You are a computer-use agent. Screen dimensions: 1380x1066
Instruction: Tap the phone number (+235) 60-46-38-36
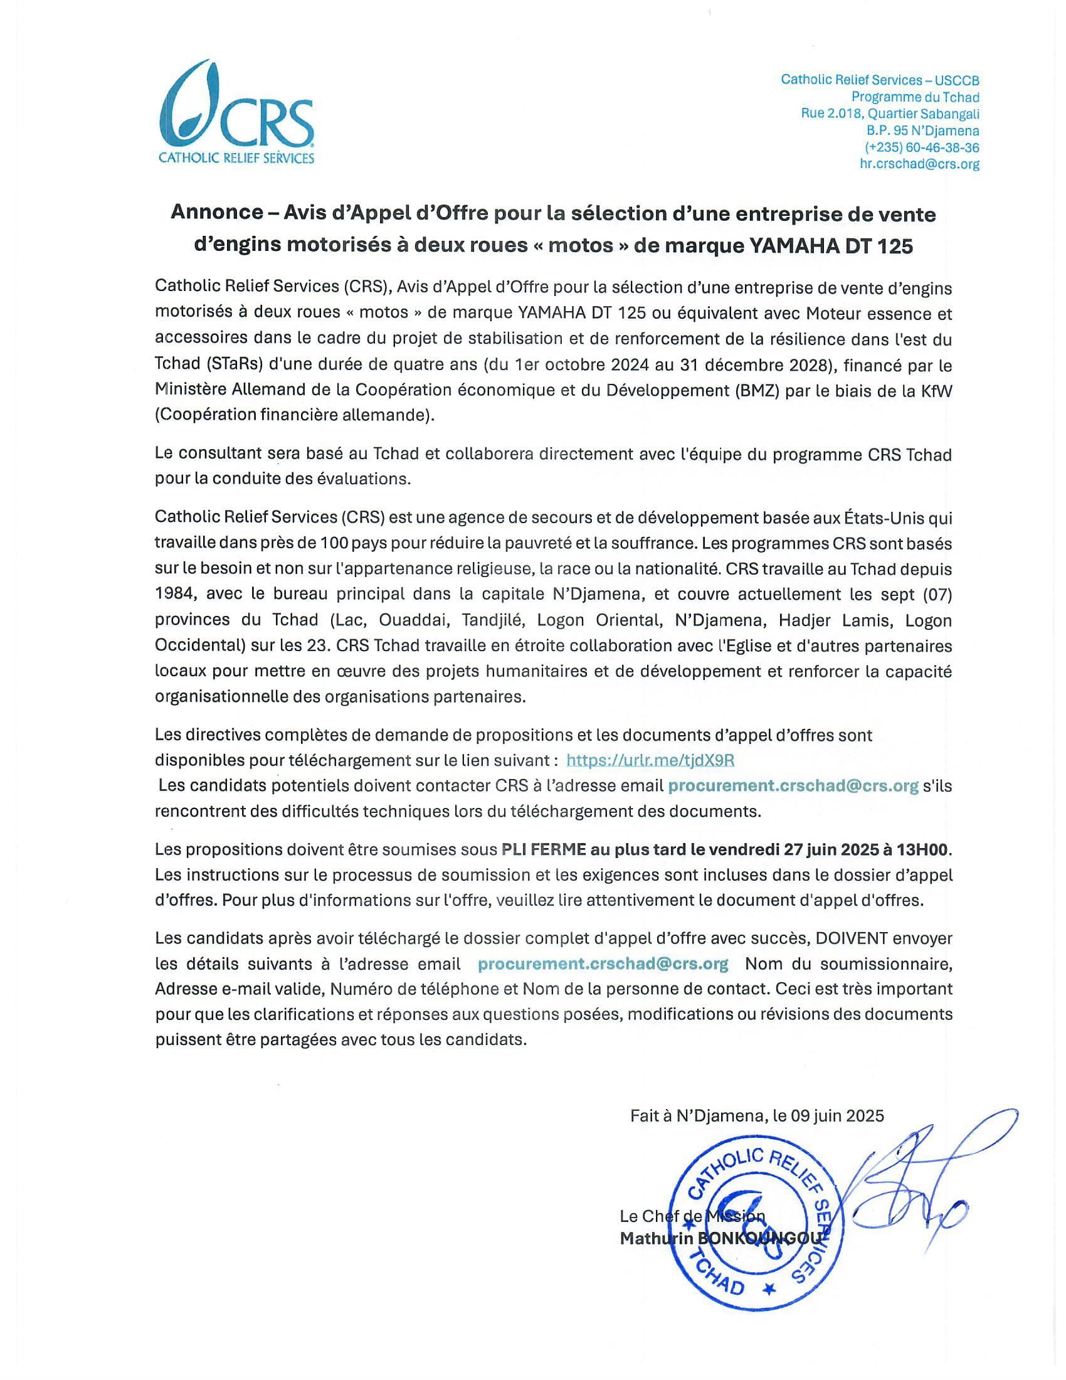pyautogui.click(x=921, y=147)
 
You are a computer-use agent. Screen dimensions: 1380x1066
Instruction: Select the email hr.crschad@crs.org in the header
pyautogui.click(x=919, y=164)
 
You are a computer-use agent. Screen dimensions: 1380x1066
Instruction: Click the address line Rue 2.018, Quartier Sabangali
pyautogui.click(x=890, y=114)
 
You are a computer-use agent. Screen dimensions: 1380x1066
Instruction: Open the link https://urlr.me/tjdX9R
pyautogui.click(x=650, y=760)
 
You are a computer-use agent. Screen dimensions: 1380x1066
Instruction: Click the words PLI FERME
pyautogui.click(x=543, y=849)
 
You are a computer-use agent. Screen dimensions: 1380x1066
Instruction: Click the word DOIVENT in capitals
pyautogui.click(x=852, y=938)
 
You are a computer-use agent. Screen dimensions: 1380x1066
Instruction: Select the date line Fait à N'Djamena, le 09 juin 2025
pyautogui.click(x=757, y=1116)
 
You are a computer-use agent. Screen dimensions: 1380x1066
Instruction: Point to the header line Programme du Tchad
pyautogui.click(x=915, y=97)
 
